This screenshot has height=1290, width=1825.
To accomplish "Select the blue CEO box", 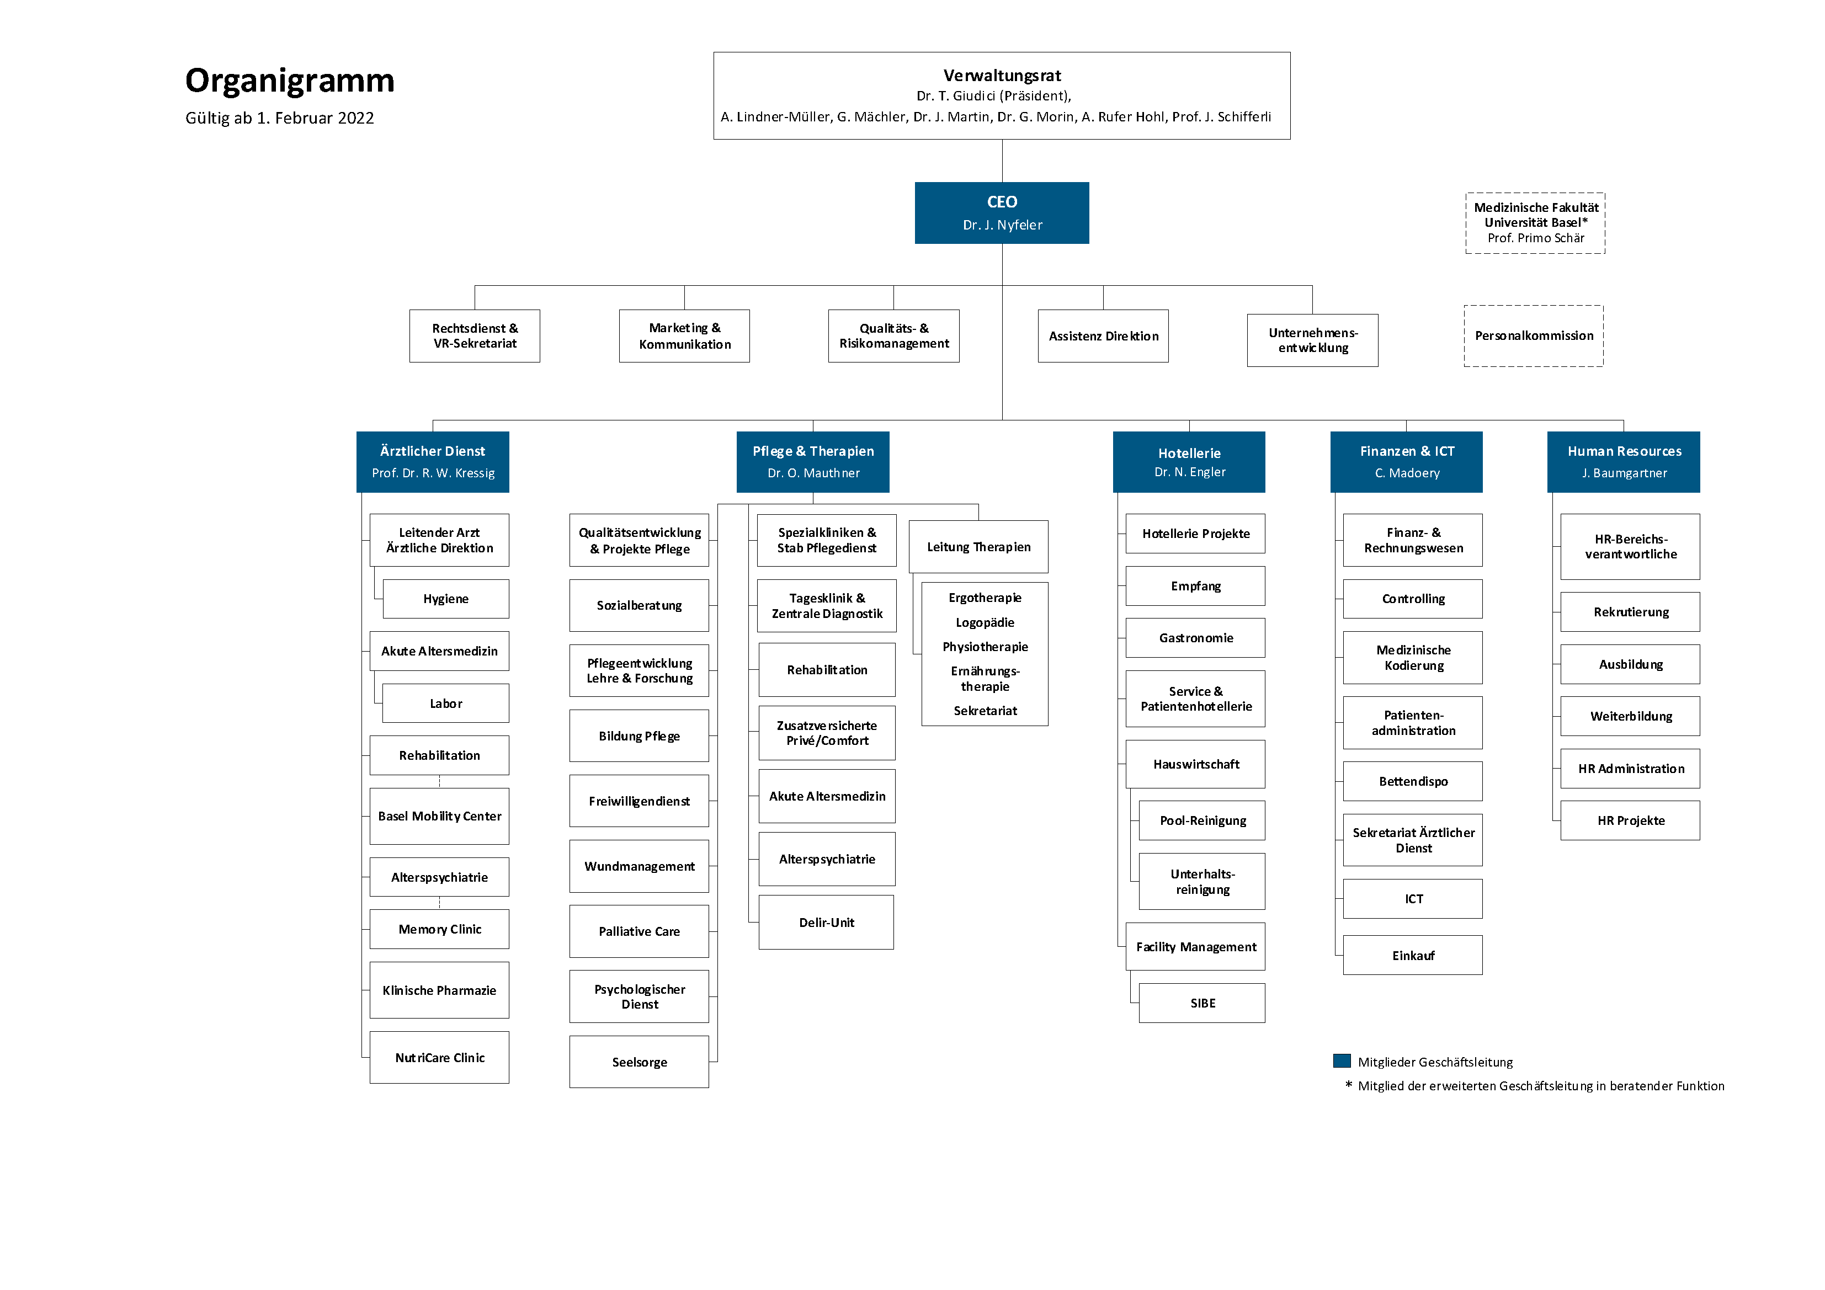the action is point(1002,213).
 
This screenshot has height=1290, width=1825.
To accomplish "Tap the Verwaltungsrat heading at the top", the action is point(1002,76).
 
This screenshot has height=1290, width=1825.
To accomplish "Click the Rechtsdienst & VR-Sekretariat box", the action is point(475,336).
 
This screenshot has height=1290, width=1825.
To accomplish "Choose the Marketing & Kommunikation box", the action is point(684,336).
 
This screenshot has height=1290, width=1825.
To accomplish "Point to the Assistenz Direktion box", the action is point(1103,336).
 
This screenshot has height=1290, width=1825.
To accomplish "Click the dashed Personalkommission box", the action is point(1534,336).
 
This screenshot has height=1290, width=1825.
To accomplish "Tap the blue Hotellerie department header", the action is point(1189,462).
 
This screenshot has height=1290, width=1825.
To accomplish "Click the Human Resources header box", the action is point(1624,462).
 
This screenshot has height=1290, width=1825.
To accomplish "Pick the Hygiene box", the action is point(446,599).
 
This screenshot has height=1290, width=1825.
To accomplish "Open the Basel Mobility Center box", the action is point(440,816).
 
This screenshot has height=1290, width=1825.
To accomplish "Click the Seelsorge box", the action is point(639,1062).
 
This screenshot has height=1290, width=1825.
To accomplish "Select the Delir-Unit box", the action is point(827,923).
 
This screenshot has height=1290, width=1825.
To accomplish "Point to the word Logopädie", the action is point(985,622).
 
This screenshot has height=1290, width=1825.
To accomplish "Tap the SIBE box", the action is point(1202,1003).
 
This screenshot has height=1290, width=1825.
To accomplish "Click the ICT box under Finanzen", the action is point(1413,899).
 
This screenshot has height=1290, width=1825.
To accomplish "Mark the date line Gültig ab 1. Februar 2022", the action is point(280,119).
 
